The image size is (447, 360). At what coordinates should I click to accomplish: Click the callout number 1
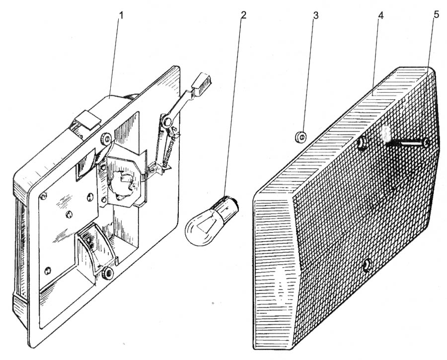click(x=122, y=15)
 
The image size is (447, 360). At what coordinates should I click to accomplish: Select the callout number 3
click(x=315, y=15)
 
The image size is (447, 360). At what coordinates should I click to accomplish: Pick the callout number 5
click(x=436, y=14)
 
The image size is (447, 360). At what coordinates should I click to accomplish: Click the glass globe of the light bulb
click(x=202, y=227)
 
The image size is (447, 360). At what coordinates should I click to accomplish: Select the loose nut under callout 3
click(x=300, y=137)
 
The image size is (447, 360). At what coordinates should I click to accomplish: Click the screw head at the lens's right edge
click(x=426, y=143)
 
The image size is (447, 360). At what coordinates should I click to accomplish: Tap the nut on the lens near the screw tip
click(x=363, y=142)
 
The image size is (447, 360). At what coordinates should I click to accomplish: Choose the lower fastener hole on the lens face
click(x=367, y=266)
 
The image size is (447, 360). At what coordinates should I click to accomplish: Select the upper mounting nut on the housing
click(x=106, y=139)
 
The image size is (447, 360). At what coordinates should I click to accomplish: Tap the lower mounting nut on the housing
click(x=108, y=273)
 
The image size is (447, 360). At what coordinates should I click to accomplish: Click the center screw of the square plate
click(x=69, y=214)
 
